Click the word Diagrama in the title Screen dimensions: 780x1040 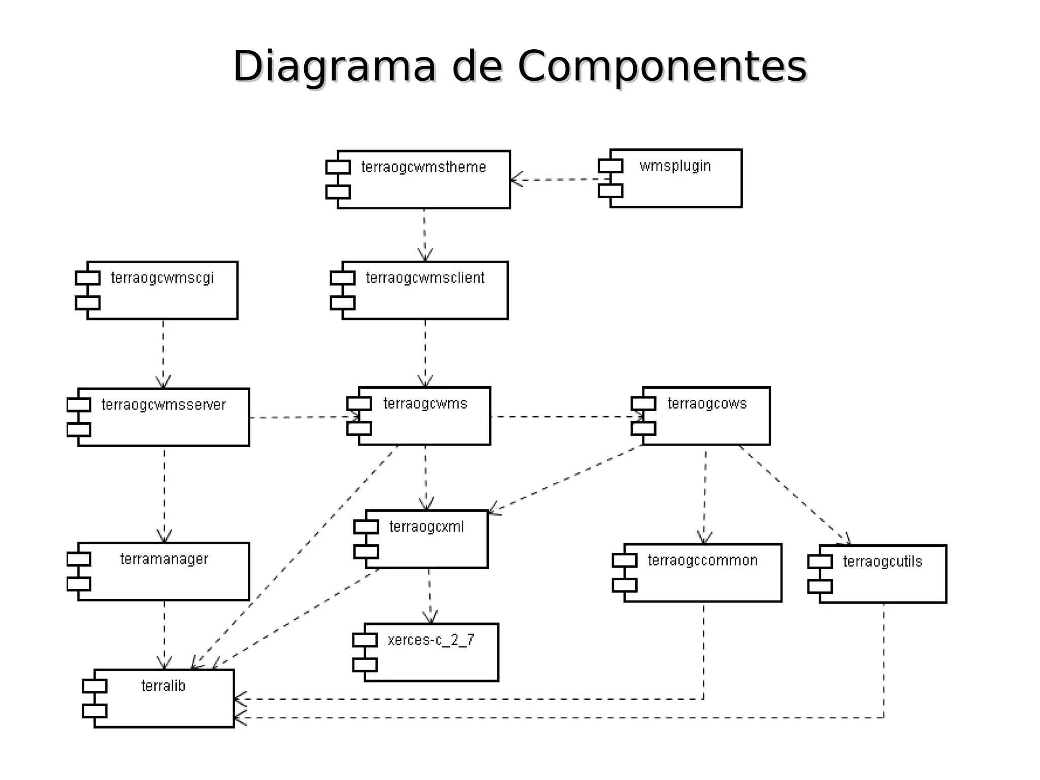pos(334,67)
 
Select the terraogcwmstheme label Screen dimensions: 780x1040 pos(424,167)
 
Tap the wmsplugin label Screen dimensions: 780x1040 pos(675,166)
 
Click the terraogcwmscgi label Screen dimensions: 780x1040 pos(162,278)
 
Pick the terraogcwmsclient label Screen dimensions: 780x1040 pos(425,278)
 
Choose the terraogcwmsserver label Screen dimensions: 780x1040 pos(164,405)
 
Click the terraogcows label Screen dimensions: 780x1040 pos(707,403)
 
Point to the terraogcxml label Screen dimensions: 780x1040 pos(427,527)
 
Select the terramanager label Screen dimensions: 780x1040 pos(164,559)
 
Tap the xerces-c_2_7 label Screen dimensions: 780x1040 pos(431,640)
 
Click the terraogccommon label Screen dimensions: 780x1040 pos(702,560)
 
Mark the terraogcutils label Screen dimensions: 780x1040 pos(883,561)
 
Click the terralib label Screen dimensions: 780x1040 pos(163,686)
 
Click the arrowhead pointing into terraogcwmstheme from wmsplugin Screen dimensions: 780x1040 pos(515,180)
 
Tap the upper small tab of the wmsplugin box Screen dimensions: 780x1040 pos(610,166)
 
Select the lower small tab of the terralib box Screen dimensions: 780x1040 pos(94,710)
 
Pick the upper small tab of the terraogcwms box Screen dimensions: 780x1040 pos(359,404)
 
